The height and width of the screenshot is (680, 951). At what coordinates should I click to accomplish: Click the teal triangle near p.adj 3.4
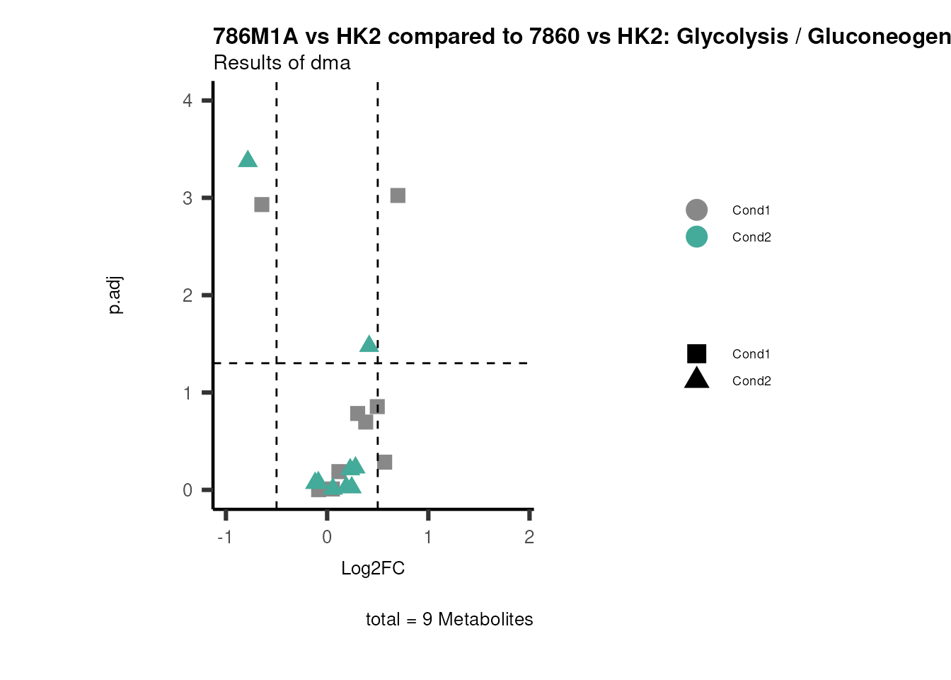click(x=248, y=160)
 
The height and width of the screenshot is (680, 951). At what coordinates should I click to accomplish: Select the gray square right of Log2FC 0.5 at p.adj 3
click(x=398, y=195)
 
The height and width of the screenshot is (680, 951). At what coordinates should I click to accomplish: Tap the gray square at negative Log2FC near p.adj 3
click(x=262, y=205)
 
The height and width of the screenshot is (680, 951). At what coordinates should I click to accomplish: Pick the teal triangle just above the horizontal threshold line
click(x=369, y=345)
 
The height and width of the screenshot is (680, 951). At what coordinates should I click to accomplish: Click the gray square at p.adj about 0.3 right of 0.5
click(x=385, y=462)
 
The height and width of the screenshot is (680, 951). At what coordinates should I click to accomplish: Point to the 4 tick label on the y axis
click(x=188, y=101)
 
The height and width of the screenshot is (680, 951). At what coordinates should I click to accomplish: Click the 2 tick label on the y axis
click(x=188, y=295)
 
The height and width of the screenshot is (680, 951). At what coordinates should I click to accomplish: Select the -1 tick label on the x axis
click(x=225, y=537)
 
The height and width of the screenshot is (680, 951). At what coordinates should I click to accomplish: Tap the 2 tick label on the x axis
click(x=529, y=537)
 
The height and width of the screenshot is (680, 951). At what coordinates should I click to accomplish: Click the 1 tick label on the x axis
click(x=428, y=537)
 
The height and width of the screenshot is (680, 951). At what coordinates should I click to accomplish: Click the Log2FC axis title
click(x=373, y=568)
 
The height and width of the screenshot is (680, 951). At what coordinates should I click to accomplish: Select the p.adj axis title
click(x=115, y=295)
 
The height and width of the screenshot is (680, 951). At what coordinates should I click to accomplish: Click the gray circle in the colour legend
click(x=696, y=210)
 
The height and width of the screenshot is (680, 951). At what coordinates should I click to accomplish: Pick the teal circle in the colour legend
click(x=696, y=237)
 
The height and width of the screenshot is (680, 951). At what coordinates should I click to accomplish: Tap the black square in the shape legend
click(x=696, y=353)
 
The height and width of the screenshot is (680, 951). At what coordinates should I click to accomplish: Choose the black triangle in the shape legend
click(x=696, y=379)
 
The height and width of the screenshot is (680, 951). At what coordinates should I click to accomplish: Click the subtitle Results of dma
click(x=282, y=63)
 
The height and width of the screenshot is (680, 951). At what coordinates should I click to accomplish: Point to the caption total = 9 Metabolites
click(x=449, y=619)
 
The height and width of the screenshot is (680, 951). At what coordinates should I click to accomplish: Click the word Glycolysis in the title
click(x=732, y=36)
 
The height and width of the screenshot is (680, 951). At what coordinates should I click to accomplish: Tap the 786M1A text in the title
click(x=256, y=36)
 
